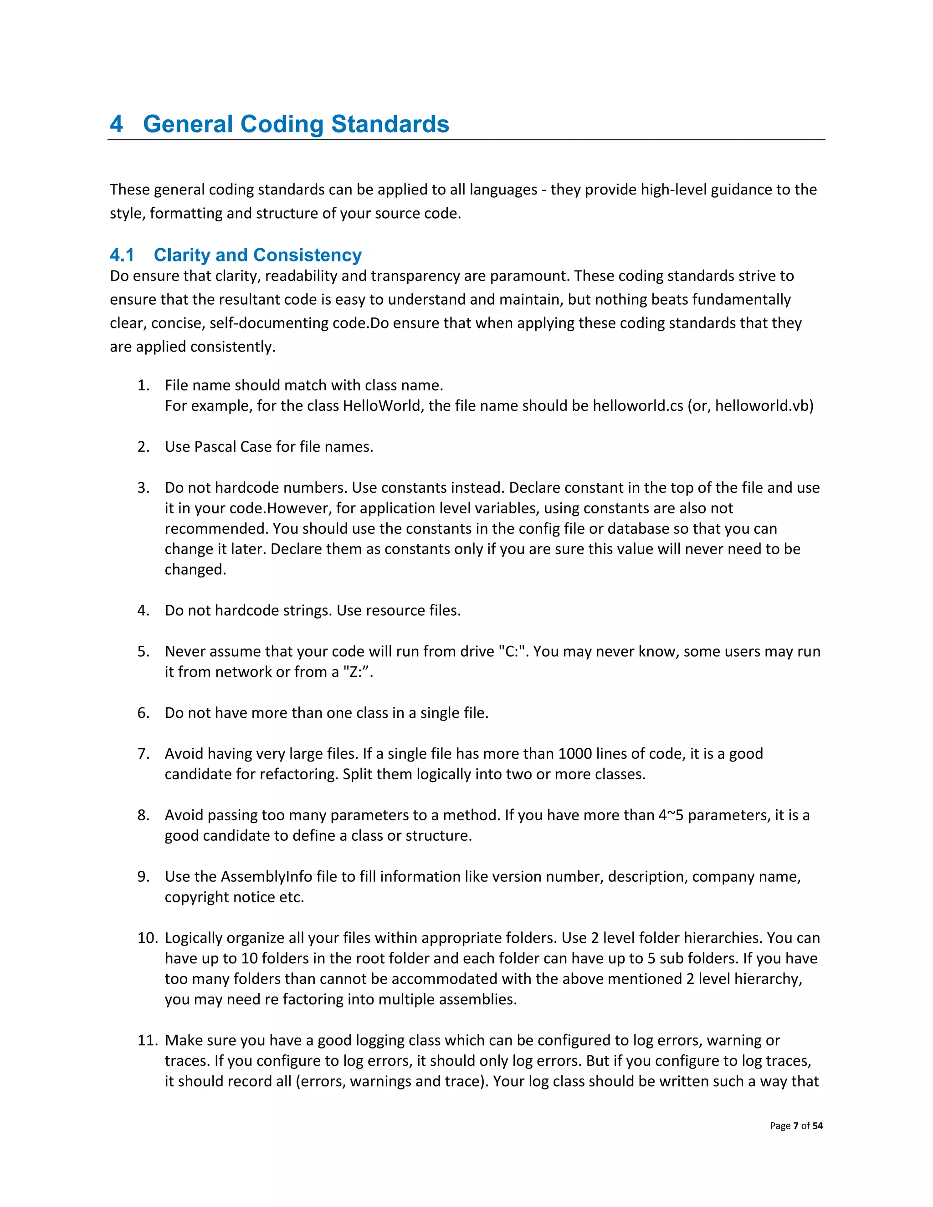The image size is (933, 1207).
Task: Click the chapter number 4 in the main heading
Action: [x=116, y=124]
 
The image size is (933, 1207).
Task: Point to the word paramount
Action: [x=529, y=276]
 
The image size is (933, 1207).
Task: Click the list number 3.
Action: [x=143, y=487]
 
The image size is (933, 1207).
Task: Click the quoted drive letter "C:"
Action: [x=511, y=651]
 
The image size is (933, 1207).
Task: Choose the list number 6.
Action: [x=143, y=712]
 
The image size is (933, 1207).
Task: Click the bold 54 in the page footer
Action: [x=817, y=1126]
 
